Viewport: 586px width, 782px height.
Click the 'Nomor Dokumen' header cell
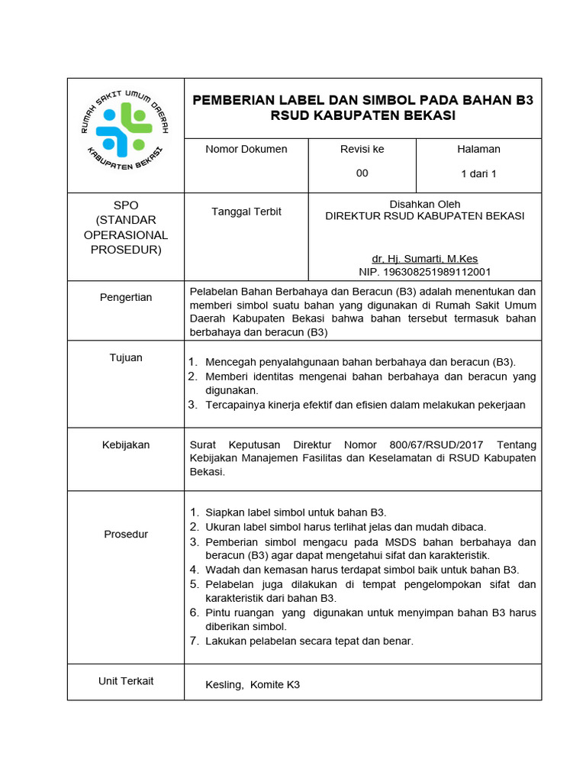tap(246, 149)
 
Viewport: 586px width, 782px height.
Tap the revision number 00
tap(362, 173)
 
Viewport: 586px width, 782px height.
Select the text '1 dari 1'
tap(478, 174)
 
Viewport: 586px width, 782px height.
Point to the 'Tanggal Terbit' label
tap(246, 212)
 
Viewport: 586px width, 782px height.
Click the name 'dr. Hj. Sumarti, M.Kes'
tap(425, 259)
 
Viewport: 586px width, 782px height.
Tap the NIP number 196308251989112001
tap(425, 272)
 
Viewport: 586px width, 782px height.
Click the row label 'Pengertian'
tap(126, 297)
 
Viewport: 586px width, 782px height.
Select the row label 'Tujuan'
tap(126, 357)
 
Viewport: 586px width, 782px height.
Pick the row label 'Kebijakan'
tap(126, 444)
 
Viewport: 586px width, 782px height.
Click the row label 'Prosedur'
tap(126, 535)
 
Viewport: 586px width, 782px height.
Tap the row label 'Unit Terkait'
tap(126, 680)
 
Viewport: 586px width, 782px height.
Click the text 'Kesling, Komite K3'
tap(253, 685)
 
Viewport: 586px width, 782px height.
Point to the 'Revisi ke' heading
tap(362, 149)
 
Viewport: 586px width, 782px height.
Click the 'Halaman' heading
tap(478, 149)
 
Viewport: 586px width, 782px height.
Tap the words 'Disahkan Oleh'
tap(424, 204)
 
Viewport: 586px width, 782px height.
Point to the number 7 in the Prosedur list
tap(194, 641)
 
